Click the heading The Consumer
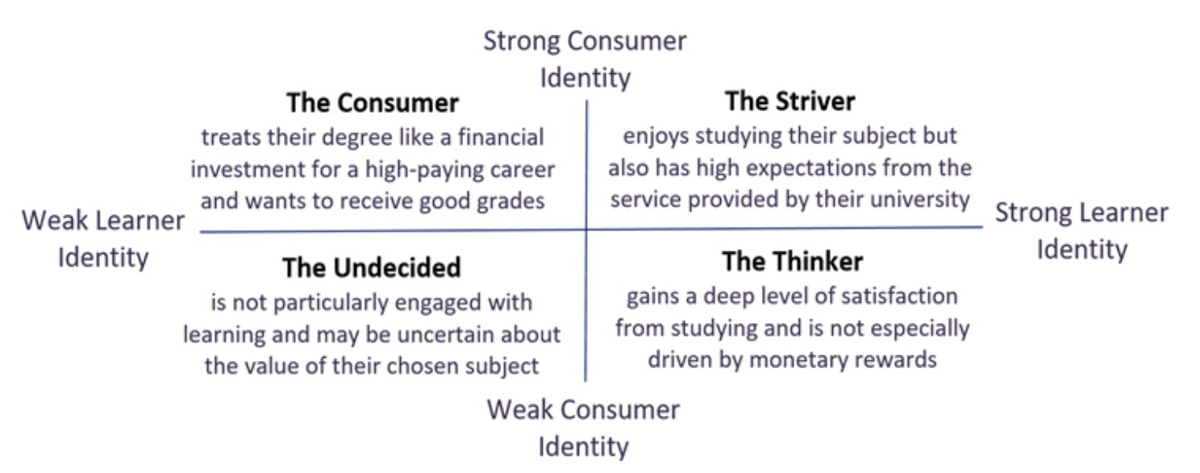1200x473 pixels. point(373,102)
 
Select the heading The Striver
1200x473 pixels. point(790,102)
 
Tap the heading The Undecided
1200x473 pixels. point(372,268)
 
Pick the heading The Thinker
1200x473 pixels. point(792,262)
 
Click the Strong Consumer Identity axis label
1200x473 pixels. point(585,59)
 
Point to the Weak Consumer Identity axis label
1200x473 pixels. point(583,428)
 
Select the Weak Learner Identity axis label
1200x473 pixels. point(103,238)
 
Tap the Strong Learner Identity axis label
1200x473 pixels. point(1082,230)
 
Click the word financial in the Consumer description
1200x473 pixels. point(500,138)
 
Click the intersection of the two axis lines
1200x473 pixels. point(586,230)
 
